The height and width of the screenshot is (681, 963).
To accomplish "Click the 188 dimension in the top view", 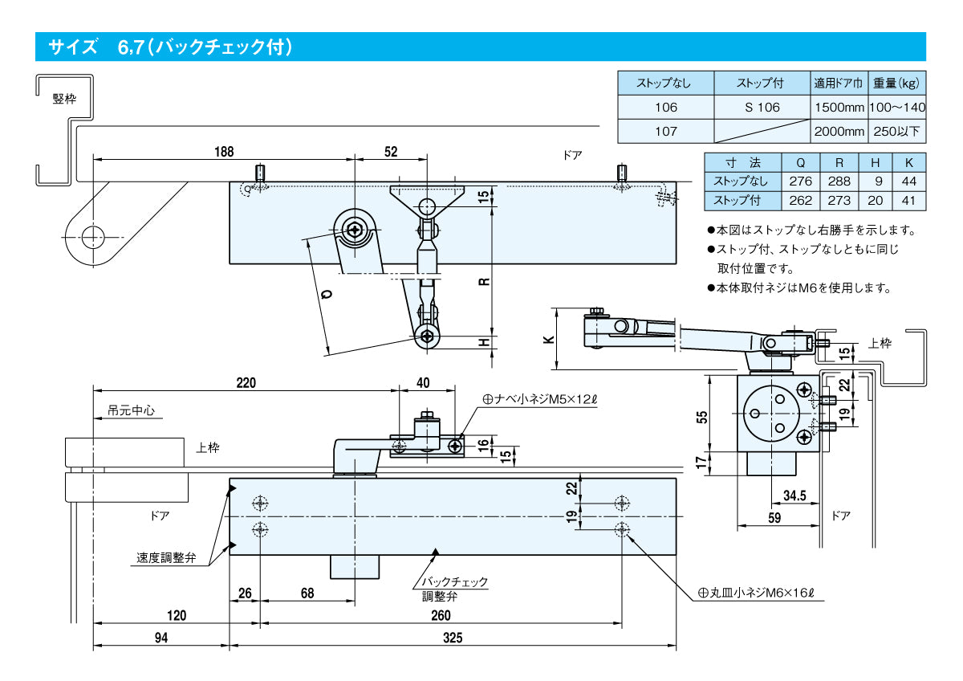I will (226, 151).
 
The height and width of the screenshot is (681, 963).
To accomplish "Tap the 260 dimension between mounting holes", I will (441, 615).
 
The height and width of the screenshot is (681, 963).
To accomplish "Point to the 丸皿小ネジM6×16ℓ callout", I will (756, 593).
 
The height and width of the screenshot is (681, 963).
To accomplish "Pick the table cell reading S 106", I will (762, 107).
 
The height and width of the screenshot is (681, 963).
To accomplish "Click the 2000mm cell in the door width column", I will (839, 131).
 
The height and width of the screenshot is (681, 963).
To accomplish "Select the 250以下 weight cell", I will (897, 131).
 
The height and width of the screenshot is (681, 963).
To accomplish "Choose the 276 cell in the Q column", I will (801, 181).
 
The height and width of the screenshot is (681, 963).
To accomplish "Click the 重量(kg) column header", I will (897, 83).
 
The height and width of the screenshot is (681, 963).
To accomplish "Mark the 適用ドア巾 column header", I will (839, 83).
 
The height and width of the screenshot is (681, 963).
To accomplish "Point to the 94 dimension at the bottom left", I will (161, 638).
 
